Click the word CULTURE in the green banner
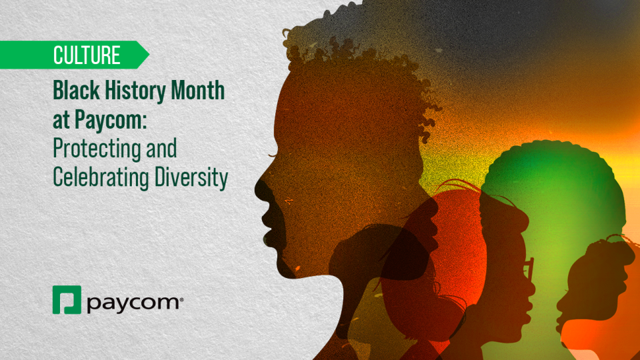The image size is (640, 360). click(87, 55)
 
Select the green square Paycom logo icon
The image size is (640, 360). click(67, 300)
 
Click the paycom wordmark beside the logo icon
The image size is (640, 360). click(133, 303)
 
